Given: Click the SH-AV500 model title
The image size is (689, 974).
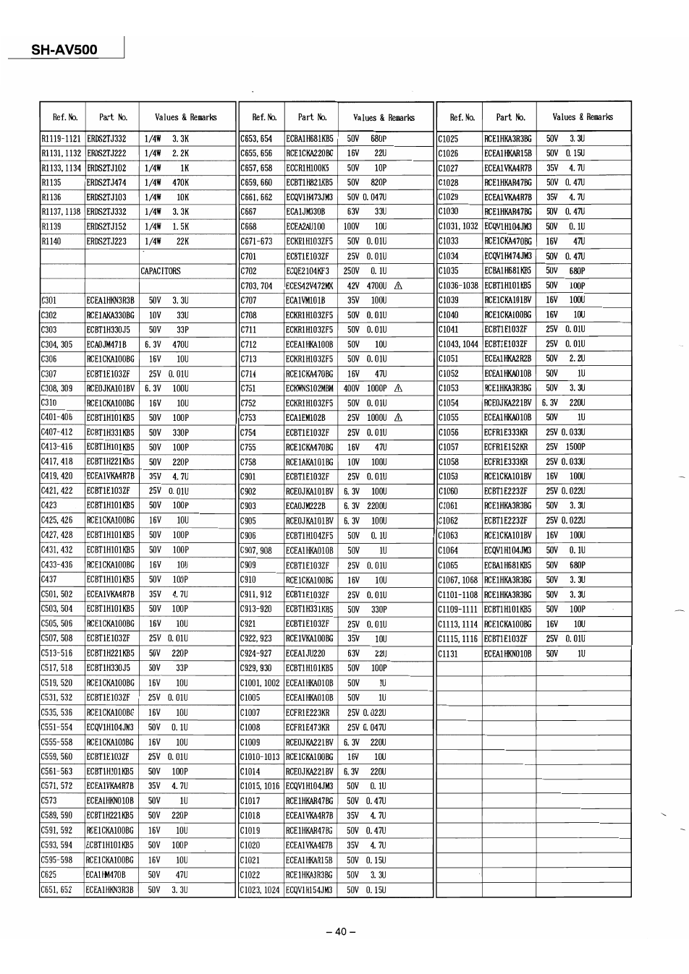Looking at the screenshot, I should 64,50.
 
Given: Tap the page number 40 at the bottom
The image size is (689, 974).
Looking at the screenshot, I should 341,931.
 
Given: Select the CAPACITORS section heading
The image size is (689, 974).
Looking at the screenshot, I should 161,271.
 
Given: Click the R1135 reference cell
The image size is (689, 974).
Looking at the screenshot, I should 51,183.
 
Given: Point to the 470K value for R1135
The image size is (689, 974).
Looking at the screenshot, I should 180,183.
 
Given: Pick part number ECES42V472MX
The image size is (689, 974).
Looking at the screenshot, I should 309,286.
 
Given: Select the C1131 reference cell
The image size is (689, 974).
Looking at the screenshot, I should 448,654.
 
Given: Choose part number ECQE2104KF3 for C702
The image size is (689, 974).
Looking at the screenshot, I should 307,271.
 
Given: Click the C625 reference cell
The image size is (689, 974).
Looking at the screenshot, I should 48,875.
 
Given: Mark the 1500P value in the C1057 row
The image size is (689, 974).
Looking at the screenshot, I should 575,447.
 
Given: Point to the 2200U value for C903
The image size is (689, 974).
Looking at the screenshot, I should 376,506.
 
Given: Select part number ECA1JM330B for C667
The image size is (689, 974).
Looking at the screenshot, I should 305,212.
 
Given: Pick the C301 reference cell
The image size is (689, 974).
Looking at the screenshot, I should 48,300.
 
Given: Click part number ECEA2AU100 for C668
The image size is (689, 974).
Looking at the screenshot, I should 305,227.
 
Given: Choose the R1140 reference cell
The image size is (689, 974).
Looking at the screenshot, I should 51,242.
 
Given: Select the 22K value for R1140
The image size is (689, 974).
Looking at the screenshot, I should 182,242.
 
